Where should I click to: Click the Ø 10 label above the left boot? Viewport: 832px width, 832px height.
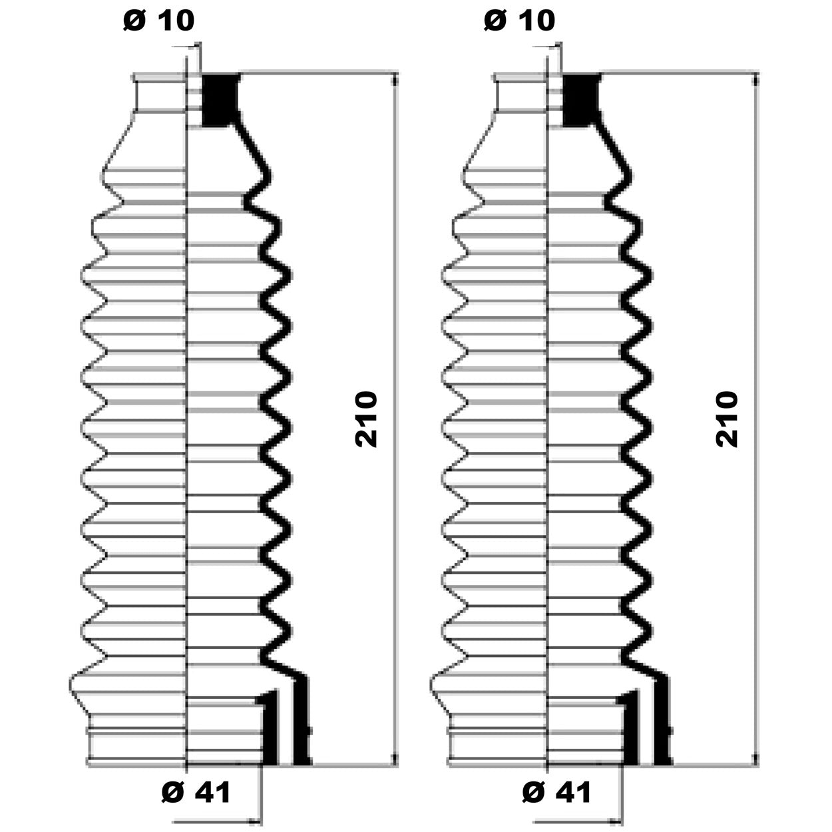(x=159, y=21)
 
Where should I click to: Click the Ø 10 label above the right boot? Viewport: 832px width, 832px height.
(x=520, y=21)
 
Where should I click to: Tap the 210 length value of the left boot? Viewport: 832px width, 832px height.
(x=367, y=419)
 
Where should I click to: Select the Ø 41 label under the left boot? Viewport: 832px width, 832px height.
(x=196, y=792)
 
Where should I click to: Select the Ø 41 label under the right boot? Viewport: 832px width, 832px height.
(x=557, y=792)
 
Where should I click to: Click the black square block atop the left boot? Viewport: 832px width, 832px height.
(x=220, y=100)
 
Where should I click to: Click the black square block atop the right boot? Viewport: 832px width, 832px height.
(x=580, y=100)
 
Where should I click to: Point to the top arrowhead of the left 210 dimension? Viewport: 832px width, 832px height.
(x=396, y=80)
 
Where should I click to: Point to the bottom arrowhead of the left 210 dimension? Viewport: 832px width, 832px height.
(x=396, y=759)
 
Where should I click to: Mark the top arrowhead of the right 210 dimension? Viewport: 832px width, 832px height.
(x=757, y=80)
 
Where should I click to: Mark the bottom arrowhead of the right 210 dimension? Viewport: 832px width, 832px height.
(x=757, y=759)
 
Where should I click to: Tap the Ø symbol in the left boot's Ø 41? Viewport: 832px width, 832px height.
(x=172, y=792)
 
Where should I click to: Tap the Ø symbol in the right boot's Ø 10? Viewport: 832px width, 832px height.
(x=495, y=21)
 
